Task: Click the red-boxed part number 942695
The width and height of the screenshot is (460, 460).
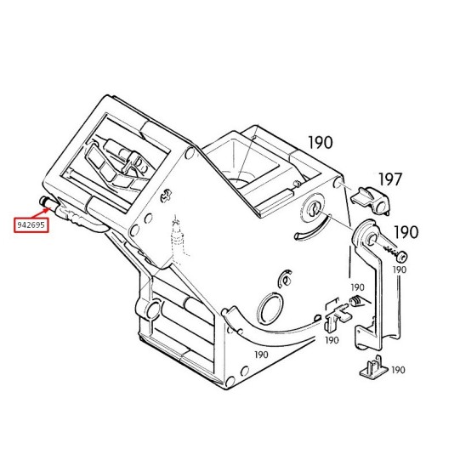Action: point(31,225)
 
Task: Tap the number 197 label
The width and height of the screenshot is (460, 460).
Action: point(389,179)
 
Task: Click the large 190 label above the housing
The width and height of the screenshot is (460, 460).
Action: point(320,142)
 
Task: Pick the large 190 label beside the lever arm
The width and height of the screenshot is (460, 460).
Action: point(406,232)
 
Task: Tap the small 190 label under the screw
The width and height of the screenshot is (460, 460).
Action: point(400,270)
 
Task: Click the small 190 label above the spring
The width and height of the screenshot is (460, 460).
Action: point(357,287)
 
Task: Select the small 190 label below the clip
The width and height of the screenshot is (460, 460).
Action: point(332,340)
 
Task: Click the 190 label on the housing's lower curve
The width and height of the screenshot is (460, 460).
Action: point(261,355)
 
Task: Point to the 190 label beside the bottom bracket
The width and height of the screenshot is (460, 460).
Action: point(398,370)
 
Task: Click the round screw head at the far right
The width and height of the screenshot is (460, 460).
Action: point(401,257)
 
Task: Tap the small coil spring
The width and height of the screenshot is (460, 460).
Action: point(355,301)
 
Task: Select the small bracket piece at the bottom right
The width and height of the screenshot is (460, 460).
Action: point(373,366)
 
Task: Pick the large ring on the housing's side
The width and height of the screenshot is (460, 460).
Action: point(270,309)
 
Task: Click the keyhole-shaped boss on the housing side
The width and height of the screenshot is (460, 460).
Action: point(313,208)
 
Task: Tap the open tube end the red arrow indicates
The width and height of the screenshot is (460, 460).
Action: point(43,201)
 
